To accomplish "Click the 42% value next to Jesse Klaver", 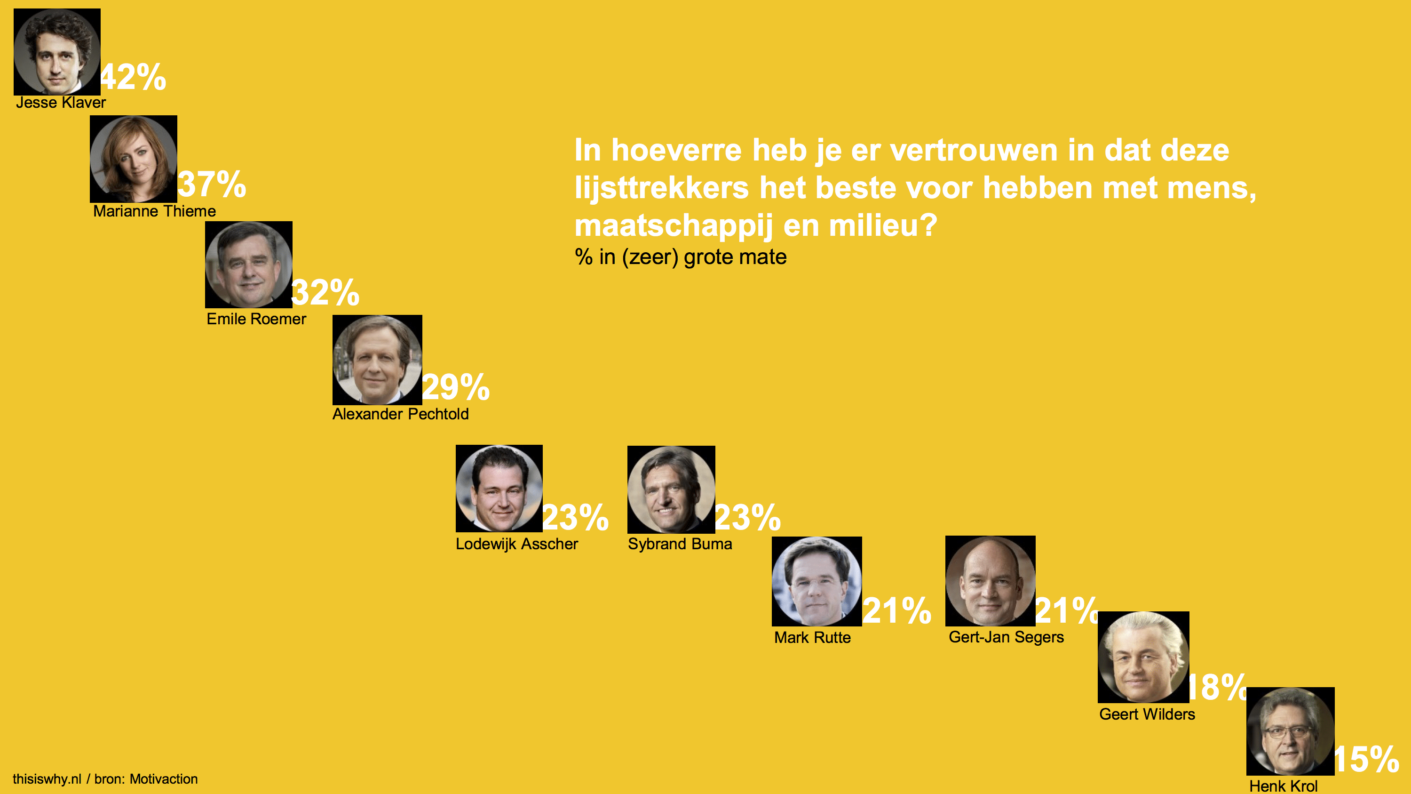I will (133, 77).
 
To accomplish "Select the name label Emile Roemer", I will (256, 319).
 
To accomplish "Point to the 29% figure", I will (456, 387).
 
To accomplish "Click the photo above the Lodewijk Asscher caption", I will (499, 488).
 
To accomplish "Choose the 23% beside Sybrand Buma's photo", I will (748, 517).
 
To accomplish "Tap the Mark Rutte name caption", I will (812, 637).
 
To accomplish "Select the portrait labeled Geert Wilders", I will (1143, 657).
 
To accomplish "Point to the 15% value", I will (1367, 760).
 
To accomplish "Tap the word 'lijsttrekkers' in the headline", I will (661, 188).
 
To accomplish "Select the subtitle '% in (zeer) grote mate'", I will (680, 257).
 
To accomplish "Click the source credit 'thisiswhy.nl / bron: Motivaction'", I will (105, 778).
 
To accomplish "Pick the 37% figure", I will (212, 184).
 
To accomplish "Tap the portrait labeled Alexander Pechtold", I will (377, 360).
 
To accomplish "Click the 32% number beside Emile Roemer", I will (325, 292).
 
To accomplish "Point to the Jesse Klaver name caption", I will (61, 103).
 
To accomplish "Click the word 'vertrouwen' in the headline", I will (973, 150).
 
